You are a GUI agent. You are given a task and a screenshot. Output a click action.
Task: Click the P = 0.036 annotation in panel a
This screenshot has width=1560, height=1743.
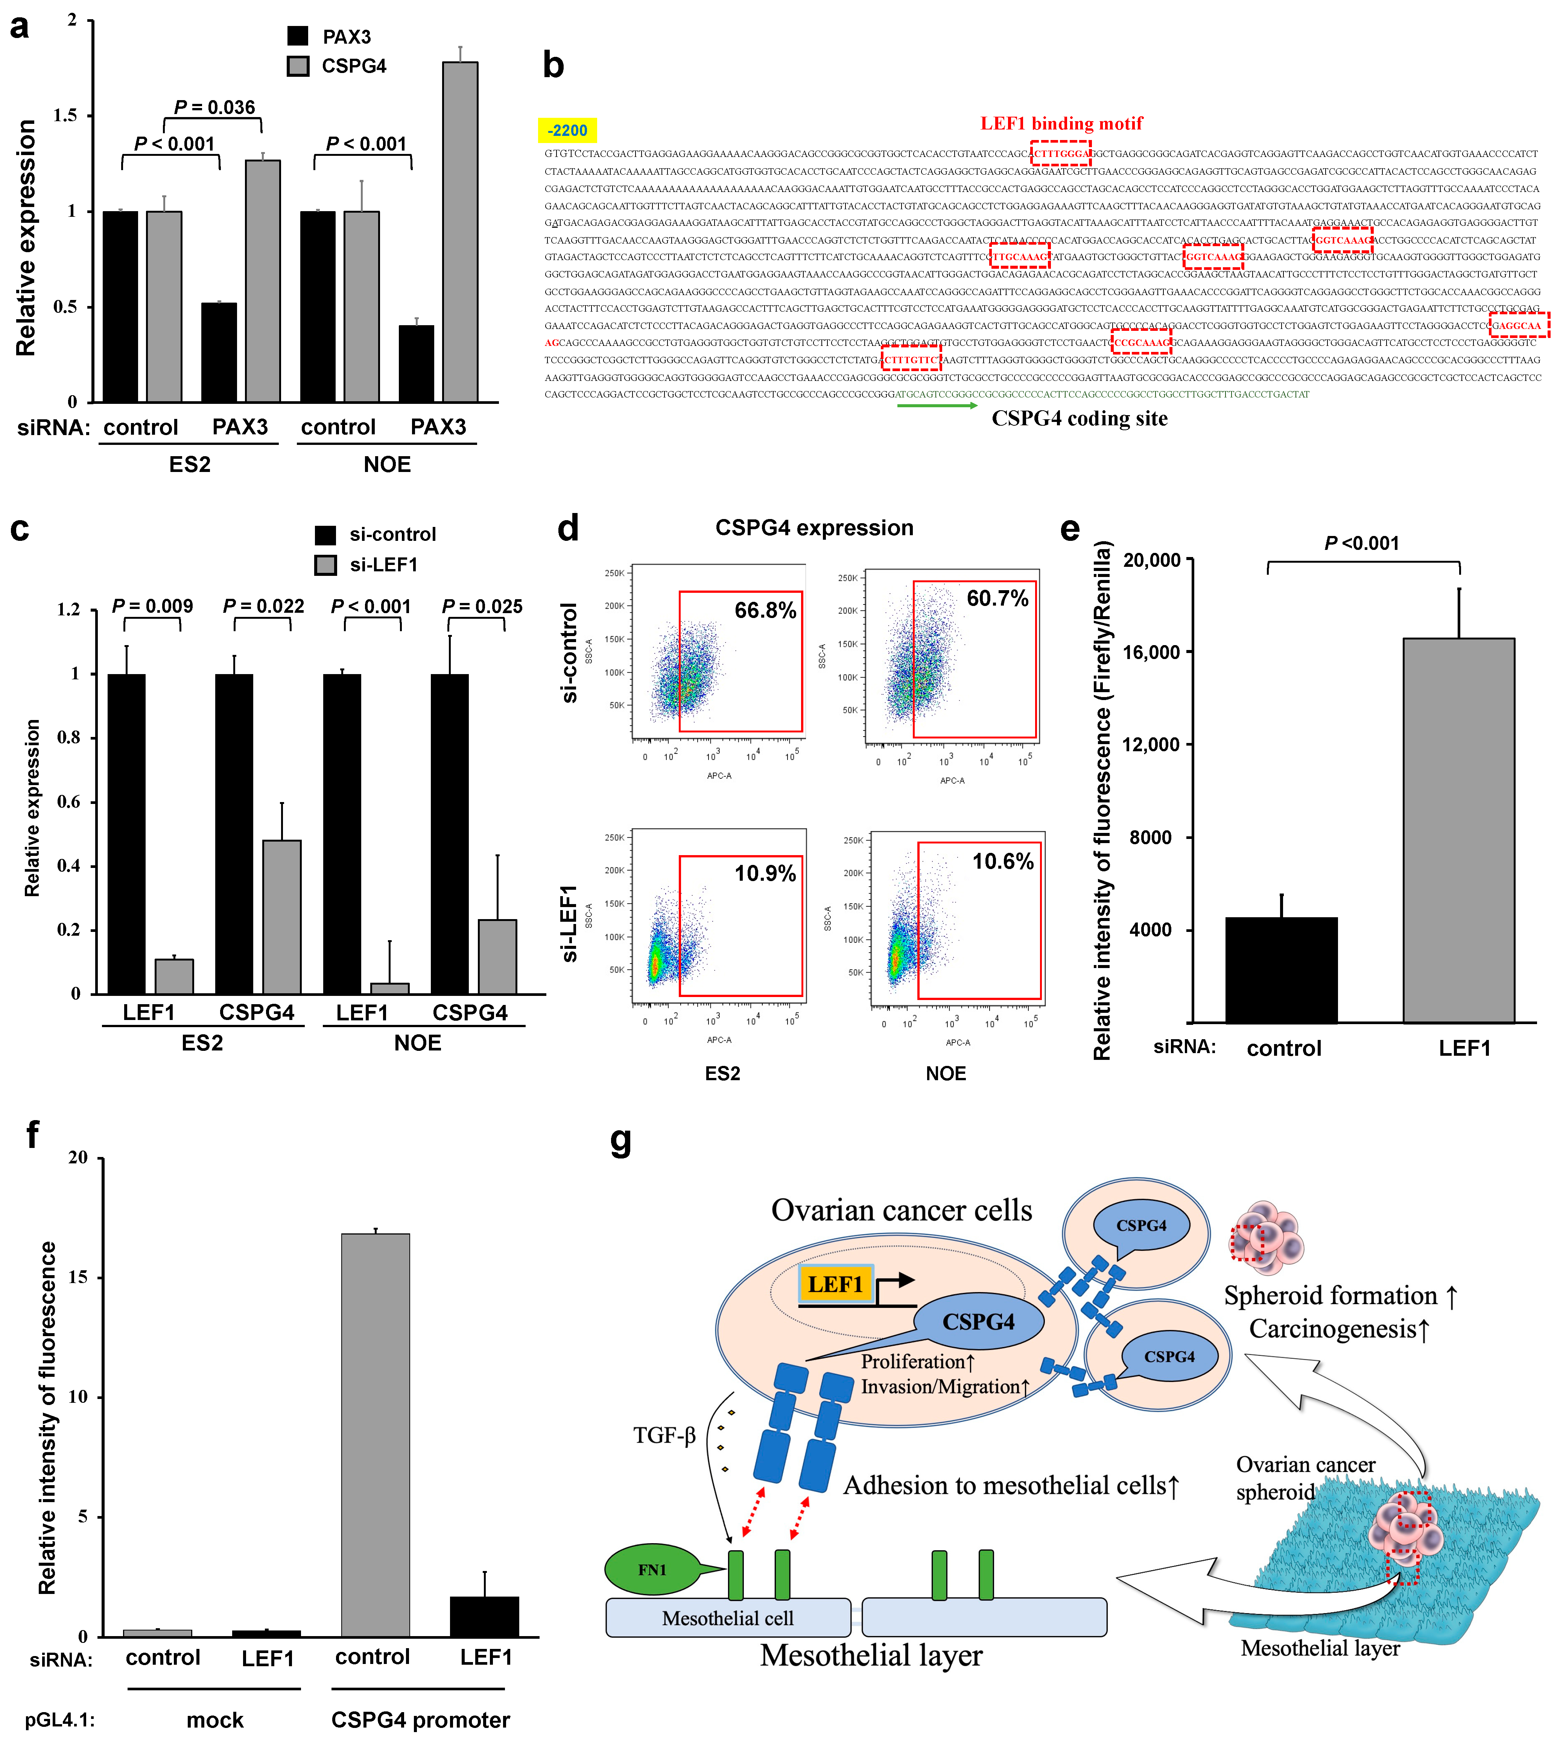click(x=214, y=107)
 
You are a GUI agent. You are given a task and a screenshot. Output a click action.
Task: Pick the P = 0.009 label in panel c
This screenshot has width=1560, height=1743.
click(x=152, y=606)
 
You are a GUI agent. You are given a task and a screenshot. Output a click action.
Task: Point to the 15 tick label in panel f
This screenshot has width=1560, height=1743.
click(x=77, y=1277)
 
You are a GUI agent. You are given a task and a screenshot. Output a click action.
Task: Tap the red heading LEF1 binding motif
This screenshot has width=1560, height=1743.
click(x=1061, y=123)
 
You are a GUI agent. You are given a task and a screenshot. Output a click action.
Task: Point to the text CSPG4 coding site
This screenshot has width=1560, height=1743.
click(x=1079, y=419)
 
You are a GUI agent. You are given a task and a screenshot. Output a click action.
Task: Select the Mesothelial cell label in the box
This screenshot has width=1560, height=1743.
click(x=728, y=1618)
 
